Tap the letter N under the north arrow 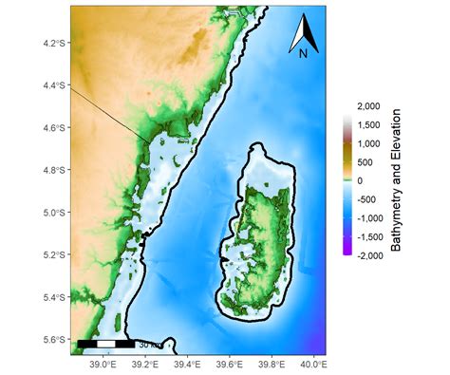click(x=303, y=54)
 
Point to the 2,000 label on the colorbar click(x=367, y=106)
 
